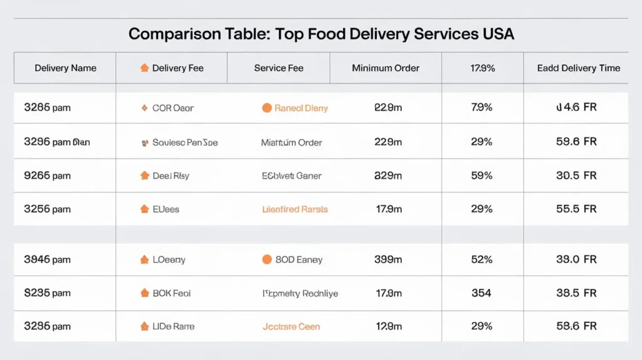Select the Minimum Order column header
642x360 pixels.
point(386,68)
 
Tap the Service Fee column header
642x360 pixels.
point(278,68)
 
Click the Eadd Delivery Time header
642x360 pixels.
point(578,68)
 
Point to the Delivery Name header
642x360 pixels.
point(65,68)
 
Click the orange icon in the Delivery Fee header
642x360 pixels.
point(144,68)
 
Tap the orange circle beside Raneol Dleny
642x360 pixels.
point(266,108)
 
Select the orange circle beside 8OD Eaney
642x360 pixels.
point(266,259)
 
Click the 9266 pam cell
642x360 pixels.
point(47,176)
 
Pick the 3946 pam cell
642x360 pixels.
point(47,259)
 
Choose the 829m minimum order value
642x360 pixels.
point(387,176)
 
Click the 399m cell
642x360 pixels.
point(387,259)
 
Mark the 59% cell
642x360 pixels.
point(481,176)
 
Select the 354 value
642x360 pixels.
point(481,293)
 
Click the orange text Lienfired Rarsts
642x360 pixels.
point(295,209)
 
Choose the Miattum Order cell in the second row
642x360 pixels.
point(292,142)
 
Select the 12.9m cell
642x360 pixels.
point(387,326)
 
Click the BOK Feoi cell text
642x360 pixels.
point(171,293)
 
